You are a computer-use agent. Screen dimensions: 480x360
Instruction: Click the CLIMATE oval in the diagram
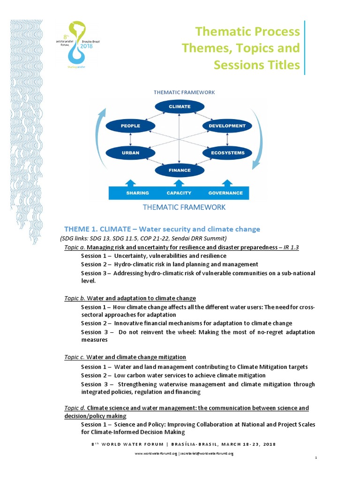180,107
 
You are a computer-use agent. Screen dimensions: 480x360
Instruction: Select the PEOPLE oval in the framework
130,126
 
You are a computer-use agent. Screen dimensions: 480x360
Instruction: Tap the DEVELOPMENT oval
227,126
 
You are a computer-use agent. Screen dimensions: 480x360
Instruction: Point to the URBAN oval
130,153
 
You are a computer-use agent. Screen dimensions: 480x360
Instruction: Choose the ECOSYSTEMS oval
227,153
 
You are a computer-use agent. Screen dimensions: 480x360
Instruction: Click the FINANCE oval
180,171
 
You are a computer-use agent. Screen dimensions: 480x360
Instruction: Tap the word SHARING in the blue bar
137,193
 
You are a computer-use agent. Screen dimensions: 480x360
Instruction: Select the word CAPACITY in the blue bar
179,193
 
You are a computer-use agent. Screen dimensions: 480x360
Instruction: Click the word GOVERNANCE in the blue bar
225,193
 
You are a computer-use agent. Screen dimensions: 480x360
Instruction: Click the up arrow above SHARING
131,182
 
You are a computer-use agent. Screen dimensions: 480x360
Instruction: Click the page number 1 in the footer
317,458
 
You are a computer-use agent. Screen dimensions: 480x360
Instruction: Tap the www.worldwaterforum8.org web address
156,453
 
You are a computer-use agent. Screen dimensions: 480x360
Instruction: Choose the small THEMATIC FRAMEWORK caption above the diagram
184,92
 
